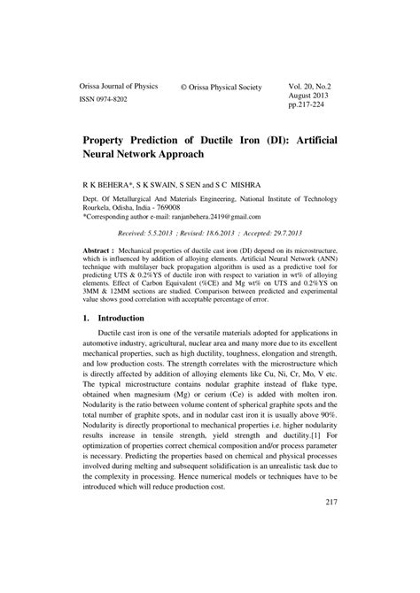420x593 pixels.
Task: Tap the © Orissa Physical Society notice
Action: click(x=221, y=88)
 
